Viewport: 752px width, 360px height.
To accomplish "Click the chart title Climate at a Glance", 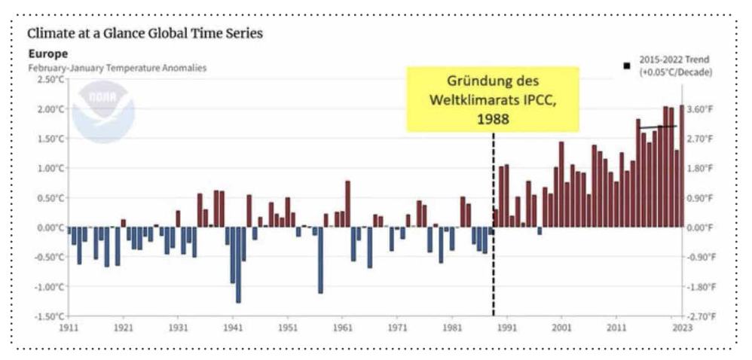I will tap(145, 34).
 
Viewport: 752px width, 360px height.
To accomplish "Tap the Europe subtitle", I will tap(47, 53).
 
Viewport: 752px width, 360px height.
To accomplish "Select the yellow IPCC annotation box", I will tap(493, 99).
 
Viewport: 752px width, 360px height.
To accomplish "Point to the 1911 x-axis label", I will tap(69, 328).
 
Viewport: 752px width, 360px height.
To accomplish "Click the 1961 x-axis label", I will tap(342, 328).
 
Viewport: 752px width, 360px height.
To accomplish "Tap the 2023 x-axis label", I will tap(681, 328).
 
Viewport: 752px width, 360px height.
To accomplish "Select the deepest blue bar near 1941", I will tap(238, 264).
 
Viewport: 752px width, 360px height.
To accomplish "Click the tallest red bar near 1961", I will tap(347, 203).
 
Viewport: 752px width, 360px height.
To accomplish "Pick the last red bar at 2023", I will tap(682, 166).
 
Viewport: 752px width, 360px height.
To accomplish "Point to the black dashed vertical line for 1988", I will tap(494, 226).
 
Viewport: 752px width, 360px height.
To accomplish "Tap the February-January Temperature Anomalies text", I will tap(117, 68).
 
